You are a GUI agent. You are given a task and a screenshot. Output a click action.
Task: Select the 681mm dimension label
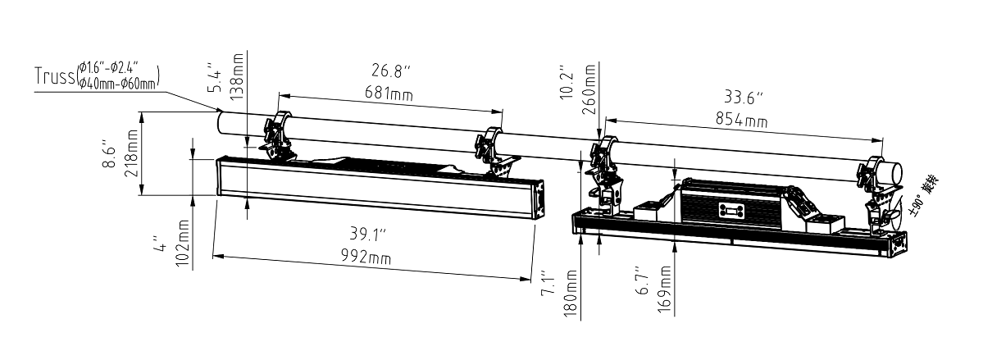click(x=389, y=94)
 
